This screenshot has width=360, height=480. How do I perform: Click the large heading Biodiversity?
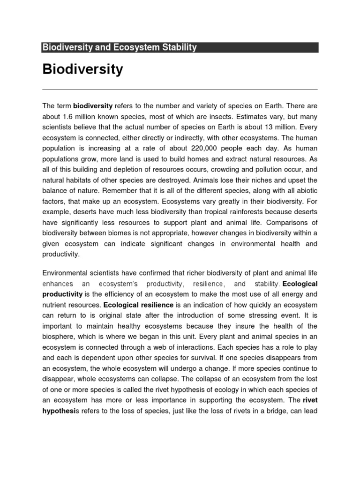click(82, 69)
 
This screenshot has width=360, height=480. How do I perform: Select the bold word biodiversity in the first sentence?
click(93, 106)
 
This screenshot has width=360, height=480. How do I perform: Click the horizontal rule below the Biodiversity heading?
click(180, 90)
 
